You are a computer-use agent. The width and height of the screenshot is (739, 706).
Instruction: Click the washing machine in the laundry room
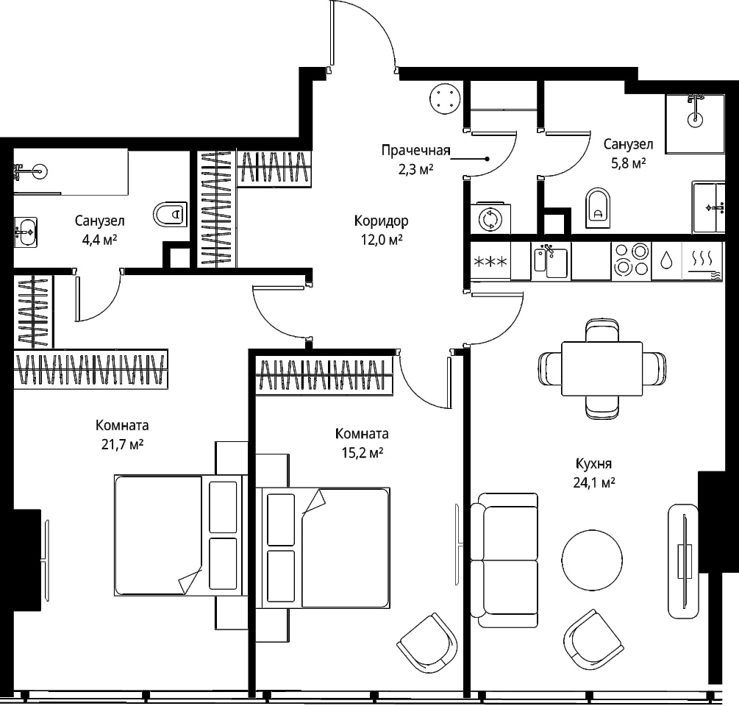[x=490, y=218]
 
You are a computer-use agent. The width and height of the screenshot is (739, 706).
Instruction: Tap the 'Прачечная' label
[x=415, y=150]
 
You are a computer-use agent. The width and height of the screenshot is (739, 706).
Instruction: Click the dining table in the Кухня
[x=601, y=368]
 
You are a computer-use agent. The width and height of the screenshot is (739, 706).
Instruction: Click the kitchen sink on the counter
[x=551, y=260]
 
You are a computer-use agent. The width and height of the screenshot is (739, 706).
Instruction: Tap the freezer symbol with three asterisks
[x=490, y=262]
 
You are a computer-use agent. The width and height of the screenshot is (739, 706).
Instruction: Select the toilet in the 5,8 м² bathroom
[x=598, y=208]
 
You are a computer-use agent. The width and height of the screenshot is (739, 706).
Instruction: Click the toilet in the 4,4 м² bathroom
[x=170, y=215]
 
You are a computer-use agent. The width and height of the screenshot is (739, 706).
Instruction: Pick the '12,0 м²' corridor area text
[x=382, y=240]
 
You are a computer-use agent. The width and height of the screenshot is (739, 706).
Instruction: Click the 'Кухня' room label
[x=594, y=463]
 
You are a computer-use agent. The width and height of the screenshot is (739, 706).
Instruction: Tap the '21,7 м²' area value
[x=122, y=444]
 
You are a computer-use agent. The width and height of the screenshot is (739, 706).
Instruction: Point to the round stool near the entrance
[x=444, y=99]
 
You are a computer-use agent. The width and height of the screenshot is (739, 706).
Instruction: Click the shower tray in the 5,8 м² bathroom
[x=695, y=124]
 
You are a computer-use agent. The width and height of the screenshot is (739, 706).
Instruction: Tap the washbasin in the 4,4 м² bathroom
[x=26, y=232]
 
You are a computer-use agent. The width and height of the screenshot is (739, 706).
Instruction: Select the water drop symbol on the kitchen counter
[x=666, y=260]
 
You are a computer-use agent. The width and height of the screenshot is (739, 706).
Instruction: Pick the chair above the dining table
[x=602, y=330]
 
